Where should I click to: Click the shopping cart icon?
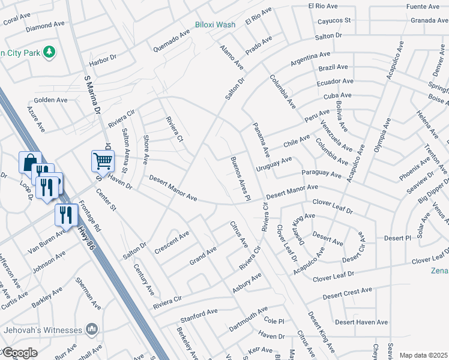(x=103, y=160)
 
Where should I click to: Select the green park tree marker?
(x=49, y=52)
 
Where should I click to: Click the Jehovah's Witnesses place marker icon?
(x=91, y=329)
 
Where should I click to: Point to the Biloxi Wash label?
(x=215, y=25)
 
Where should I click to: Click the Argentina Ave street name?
(x=312, y=59)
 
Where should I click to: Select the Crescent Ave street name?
(x=172, y=242)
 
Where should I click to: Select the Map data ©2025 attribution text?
(x=423, y=355)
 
